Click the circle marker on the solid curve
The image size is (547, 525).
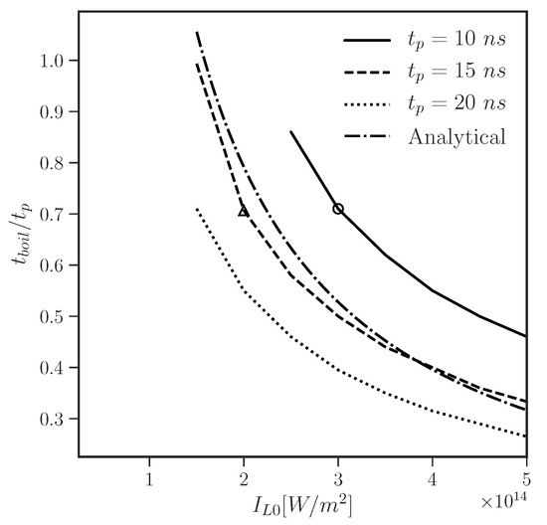pos(338,209)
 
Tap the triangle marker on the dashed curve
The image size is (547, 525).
pos(244,211)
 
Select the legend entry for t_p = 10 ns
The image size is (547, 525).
pos(425,41)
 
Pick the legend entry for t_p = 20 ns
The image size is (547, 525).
pos(425,103)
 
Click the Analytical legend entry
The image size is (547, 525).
pos(425,135)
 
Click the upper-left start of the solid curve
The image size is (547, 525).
pos(290,131)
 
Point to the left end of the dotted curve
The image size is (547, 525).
pos(197,209)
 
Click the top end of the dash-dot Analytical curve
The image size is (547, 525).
pos(197,32)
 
